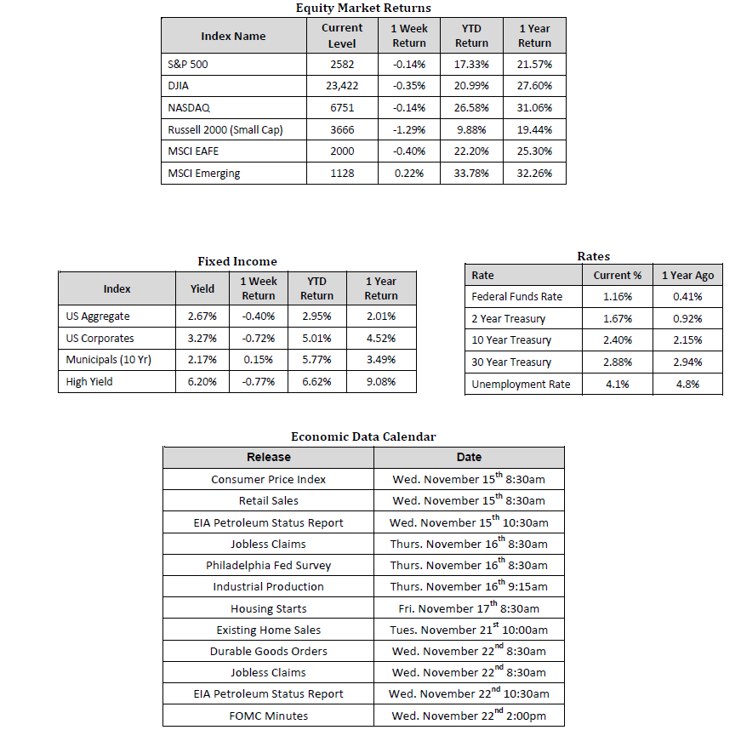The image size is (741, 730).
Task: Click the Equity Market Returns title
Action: [363, 8]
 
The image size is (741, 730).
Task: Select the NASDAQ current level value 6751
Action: [342, 108]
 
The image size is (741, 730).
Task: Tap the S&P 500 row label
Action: [189, 65]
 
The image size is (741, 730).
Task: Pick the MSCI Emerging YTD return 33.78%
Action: [471, 174]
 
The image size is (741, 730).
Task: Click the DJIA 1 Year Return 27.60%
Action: [534, 86]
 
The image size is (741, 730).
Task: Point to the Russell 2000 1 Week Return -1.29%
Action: [408, 130]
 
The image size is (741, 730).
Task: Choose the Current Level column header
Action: [342, 36]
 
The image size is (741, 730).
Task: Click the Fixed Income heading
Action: [237, 261]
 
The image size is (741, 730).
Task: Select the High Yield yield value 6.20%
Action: [202, 382]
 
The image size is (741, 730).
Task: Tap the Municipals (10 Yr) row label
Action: [108, 360]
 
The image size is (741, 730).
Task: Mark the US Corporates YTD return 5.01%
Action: [316, 338]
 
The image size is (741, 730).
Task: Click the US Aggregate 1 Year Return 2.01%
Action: [381, 317]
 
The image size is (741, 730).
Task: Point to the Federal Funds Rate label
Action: [516, 297]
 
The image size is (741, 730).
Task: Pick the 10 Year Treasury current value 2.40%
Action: [618, 340]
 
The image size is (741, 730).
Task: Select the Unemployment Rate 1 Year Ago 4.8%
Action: [687, 385]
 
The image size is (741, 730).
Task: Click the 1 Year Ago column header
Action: [687, 275]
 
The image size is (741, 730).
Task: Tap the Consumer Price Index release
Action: [268, 479]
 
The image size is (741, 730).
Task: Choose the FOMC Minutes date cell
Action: [469, 716]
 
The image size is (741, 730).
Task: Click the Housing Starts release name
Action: [268, 608]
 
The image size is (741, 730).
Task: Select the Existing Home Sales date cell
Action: [469, 630]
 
